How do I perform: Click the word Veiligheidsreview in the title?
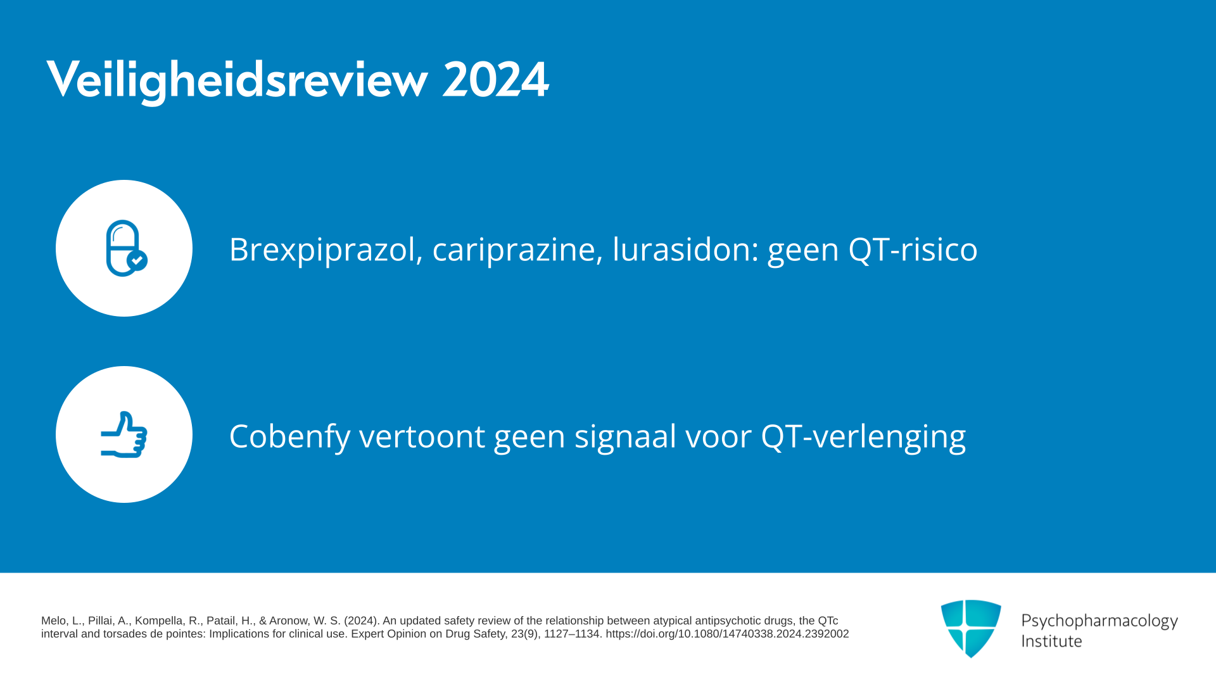237,80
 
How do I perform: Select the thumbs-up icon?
124,434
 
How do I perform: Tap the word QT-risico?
913,249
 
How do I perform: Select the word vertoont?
422,436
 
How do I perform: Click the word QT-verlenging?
863,436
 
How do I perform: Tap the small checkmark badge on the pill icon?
137,260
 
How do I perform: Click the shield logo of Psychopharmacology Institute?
971,628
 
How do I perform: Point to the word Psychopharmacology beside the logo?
1099,621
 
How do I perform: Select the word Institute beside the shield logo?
1051,641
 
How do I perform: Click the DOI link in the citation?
727,634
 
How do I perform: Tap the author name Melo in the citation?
53,621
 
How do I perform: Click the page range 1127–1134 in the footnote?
571,634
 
